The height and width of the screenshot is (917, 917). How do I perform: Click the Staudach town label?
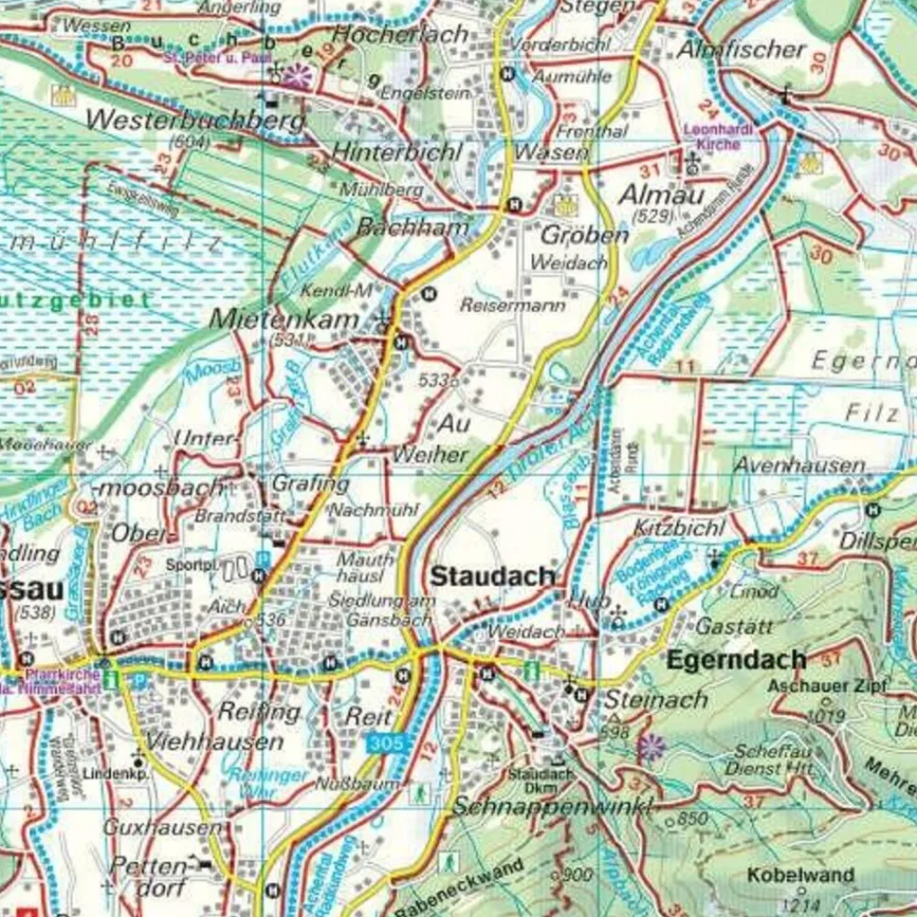tap(492, 577)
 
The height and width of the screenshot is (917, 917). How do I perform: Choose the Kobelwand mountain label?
tap(788, 875)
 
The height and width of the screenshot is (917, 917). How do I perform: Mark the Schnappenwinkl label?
tap(552, 807)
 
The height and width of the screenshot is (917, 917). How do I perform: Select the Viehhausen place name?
tap(215, 741)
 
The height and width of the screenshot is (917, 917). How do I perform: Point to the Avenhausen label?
tap(798, 465)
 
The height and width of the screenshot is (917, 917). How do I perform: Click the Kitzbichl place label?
tap(679, 528)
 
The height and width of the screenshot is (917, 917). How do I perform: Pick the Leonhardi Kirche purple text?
tap(719, 136)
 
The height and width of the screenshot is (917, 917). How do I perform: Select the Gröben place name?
tap(585, 235)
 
